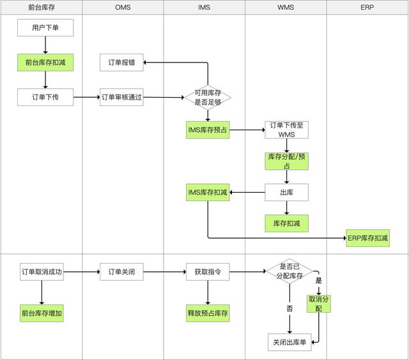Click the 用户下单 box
coord(45,28)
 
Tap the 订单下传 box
coord(45,97)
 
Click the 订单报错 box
coord(121,63)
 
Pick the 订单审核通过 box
coord(121,97)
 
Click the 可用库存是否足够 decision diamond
coord(208,97)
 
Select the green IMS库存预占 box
coord(208,130)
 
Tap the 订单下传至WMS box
coord(286,130)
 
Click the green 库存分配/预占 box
coord(286,161)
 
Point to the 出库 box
coord(286,192)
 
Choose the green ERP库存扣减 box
coord(368,238)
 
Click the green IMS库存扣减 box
coord(208,192)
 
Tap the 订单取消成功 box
coord(42,272)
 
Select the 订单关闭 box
coord(121,272)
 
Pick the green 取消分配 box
coord(319,303)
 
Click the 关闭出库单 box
coord(289,342)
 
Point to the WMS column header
coord(286,7)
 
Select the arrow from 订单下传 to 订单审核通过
coord(87,98)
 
